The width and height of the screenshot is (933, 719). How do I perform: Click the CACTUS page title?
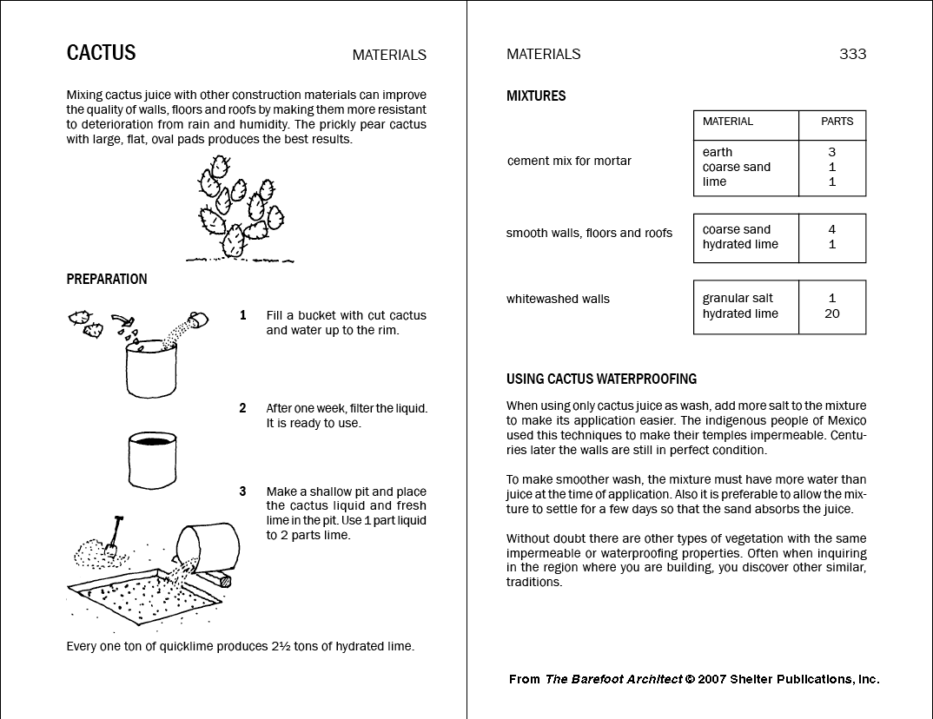point(101,53)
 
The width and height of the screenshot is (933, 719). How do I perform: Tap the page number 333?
point(852,54)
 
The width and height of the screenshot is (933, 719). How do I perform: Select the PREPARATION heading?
point(107,280)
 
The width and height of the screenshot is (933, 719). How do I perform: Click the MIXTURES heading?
point(536,96)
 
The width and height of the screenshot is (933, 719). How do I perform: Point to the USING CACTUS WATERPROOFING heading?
point(601,379)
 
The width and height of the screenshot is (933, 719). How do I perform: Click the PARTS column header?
point(837,122)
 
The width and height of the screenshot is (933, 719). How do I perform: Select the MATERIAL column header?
point(727,122)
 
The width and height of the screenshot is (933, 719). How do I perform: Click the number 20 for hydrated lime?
point(832,313)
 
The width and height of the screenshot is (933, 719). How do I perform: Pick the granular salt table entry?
point(738,299)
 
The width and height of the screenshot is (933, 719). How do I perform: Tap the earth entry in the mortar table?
point(718,152)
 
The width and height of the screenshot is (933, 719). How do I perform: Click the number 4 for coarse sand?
point(832,229)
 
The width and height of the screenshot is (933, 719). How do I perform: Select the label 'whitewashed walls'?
point(558,299)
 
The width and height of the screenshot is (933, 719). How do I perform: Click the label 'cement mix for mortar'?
point(569,161)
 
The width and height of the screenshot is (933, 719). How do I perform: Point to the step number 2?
point(243,408)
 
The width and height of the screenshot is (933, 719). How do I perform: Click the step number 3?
point(243,491)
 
